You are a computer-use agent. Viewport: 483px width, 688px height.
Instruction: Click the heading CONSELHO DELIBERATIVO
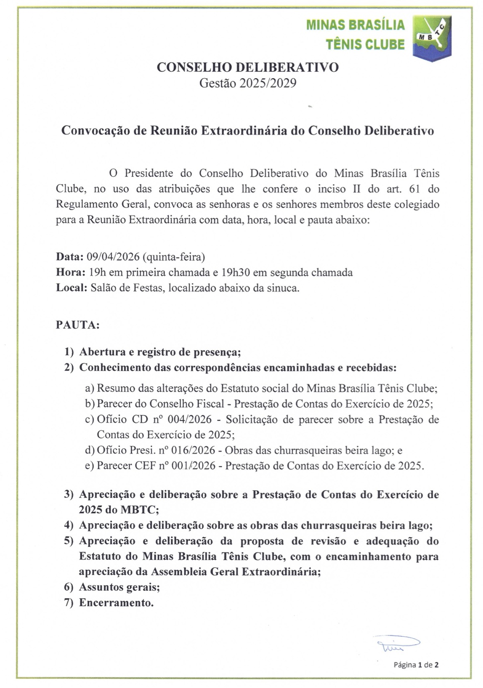(247, 67)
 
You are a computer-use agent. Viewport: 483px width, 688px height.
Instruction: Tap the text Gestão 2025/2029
(247, 83)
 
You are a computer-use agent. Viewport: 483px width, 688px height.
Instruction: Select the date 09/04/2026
(113, 256)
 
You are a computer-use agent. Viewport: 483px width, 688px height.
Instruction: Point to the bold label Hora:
(71, 273)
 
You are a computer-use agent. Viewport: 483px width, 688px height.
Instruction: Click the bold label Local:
(71, 288)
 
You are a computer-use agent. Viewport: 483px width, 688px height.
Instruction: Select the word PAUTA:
(78, 325)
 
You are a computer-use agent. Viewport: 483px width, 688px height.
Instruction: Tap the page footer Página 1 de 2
(416, 665)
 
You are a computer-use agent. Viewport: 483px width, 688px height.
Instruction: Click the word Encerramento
(116, 603)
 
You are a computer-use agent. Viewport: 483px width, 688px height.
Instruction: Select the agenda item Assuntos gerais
(119, 587)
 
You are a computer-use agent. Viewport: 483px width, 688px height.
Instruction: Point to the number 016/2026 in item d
(196, 450)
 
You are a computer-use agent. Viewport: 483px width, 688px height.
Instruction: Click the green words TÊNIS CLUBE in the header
(365, 44)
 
